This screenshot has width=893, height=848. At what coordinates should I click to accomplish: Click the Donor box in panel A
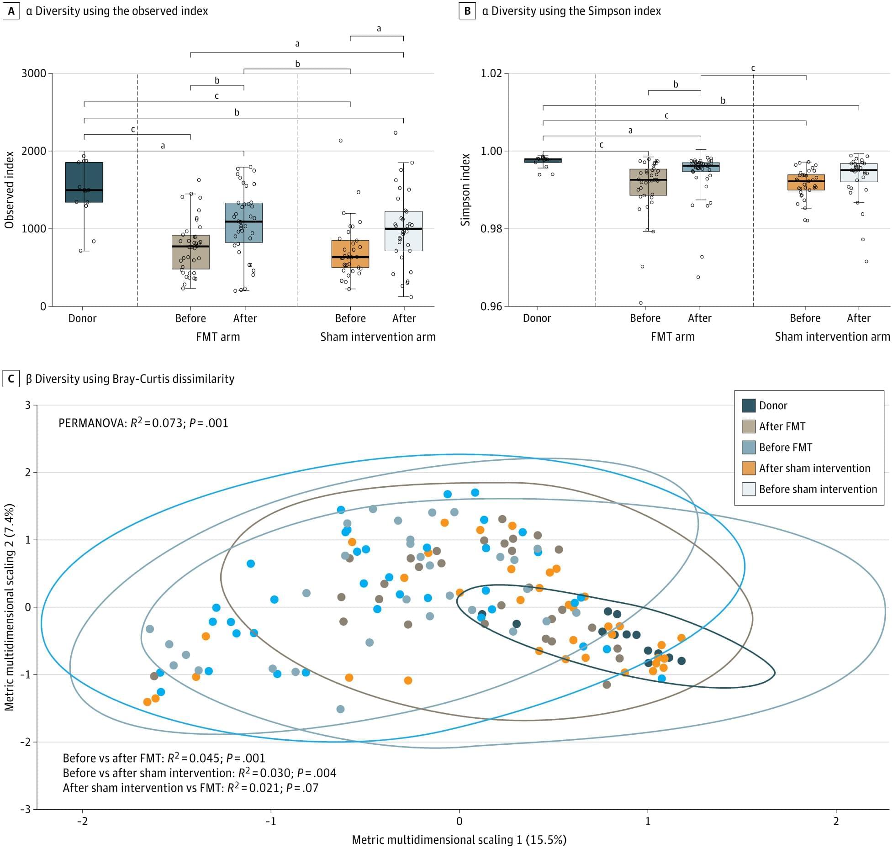point(84,182)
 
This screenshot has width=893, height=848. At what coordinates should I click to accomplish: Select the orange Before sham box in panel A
point(350,254)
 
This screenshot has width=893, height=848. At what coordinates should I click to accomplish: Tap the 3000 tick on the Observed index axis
point(34,74)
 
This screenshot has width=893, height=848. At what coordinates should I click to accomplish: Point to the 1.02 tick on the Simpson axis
point(491,74)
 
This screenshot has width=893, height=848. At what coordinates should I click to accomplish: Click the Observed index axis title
point(9,190)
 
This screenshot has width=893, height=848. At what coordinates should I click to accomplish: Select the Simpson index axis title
point(465,190)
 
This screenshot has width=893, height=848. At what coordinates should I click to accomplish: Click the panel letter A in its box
point(11,11)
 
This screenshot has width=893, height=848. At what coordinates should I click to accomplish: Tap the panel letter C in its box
point(11,379)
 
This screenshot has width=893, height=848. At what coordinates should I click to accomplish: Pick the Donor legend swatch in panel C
point(748,406)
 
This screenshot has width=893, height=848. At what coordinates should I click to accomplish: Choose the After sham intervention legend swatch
point(748,468)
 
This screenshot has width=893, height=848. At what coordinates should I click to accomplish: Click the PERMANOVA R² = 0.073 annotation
point(143,423)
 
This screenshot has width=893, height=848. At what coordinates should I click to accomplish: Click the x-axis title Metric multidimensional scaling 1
point(459,839)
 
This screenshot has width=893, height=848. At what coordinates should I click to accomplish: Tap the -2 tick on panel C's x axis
point(82,821)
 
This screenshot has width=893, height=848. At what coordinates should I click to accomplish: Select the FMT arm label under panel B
point(672,337)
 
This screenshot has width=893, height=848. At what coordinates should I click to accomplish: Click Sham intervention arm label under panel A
point(378,337)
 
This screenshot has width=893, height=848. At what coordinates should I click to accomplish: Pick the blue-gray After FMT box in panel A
point(244,222)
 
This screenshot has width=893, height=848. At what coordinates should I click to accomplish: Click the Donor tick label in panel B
point(537,318)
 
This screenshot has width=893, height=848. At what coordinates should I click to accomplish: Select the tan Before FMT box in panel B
point(648,182)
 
